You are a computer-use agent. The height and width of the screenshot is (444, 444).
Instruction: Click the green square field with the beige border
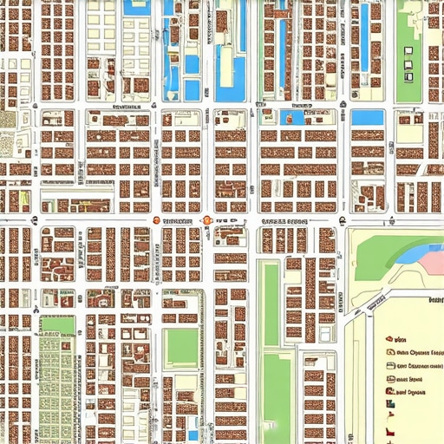pyautogui.click(x=182, y=347)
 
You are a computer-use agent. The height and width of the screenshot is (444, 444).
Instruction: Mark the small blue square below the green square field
pyautogui.click(x=193, y=434)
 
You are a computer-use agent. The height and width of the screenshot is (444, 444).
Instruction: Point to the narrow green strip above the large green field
pyautogui.click(x=271, y=304)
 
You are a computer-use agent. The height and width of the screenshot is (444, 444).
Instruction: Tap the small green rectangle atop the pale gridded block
pyautogui.click(x=57, y=325)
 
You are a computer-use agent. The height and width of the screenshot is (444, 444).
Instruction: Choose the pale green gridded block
pyautogui.click(x=57, y=382)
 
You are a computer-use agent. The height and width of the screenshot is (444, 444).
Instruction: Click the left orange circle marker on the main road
pyautogui.click(x=155, y=220)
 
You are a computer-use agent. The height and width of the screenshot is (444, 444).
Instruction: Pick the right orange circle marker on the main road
pyautogui.click(x=207, y=221)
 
